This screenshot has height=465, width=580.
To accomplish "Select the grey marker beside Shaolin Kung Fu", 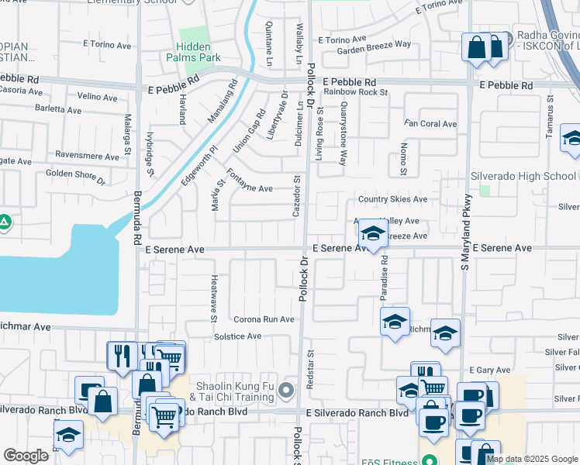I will pyautogui.click(x=287, y=391).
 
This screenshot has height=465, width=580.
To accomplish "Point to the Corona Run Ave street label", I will pyautogui.click(x=264, y=319).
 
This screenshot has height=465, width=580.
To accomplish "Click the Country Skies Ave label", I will pyautogui.click(x=392, y=199).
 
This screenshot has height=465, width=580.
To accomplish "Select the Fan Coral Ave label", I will pyautogui.click(x=432, y=124).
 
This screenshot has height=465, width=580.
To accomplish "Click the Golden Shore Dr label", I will pyautogui.click(x=74, y=175).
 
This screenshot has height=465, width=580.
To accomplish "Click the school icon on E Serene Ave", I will pyautogui.click(x=374, y=235).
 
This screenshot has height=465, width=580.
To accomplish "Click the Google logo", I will pyautogui.click(x=26, y=456).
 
